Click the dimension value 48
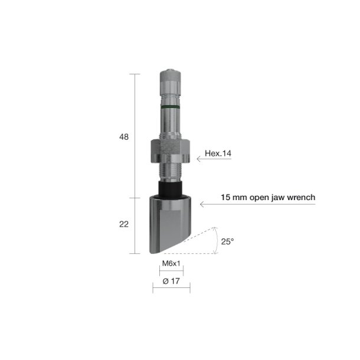click(x=124, y=137)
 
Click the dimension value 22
click(x=124, y=225)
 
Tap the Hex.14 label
click(x=218, y=154)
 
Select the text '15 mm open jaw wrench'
click(x=268, y=197)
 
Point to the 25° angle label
click(x=227, y=242)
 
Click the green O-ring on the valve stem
click(x=171, y=107)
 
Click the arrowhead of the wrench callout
click(x=202, y=204)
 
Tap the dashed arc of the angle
click(x=217, y=239)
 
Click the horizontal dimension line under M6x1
click(x=171, y=273)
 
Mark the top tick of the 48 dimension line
click(x=135, y=74)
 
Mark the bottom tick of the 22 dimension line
click(x=135, y=253)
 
